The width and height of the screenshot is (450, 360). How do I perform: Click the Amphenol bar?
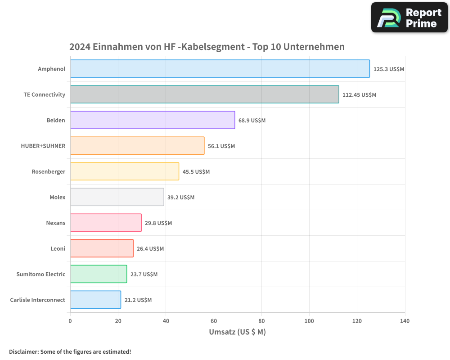220,69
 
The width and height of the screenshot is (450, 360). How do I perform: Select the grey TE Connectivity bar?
204,94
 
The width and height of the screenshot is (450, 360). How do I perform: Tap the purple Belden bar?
153,120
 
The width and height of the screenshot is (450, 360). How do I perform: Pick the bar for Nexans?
106,223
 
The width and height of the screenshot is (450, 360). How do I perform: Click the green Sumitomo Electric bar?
99,274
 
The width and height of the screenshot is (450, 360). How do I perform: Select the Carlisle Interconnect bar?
95,300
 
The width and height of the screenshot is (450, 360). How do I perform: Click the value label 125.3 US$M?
389,69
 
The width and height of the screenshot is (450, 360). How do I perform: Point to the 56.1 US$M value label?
221,146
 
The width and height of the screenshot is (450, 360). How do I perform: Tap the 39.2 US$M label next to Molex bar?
181,198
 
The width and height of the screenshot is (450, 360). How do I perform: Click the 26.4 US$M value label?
150,249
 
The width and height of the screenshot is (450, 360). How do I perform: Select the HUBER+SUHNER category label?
43,146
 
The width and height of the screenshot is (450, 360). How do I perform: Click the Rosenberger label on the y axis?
49,171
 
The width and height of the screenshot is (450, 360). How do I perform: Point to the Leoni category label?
58,248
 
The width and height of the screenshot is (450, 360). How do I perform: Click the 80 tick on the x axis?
261,321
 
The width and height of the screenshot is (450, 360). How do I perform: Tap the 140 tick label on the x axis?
405,321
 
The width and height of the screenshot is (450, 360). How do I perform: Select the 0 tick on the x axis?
70,321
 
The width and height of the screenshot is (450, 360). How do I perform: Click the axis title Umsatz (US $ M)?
238,332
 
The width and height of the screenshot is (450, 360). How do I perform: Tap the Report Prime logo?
409,18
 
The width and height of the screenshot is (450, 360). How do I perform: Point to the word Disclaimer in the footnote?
23,351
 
